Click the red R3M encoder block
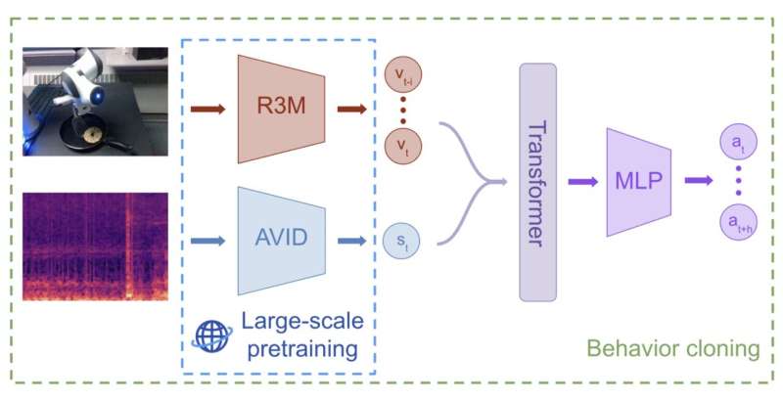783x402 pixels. (x=281, y=109)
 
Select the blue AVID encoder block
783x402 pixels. (x=281, y=240)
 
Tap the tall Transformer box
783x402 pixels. (x=538, y=182)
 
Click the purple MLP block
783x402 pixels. (x=637, y=182)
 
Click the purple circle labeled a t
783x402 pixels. (x=737, y=143)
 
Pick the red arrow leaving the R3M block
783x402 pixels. (x=350, y=109)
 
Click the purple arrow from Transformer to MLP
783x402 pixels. (x=582, y=181)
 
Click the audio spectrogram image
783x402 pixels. (x=95, y=246)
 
